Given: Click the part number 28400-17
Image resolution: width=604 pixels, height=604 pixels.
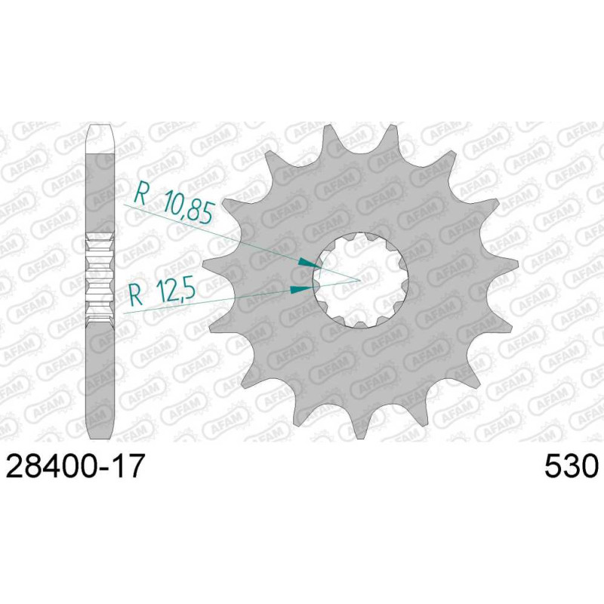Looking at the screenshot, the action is coord(75,465).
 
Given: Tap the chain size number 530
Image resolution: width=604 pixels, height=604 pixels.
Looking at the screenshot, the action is coord(572,465).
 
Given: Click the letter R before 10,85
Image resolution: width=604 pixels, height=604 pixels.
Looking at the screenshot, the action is coord(140,195).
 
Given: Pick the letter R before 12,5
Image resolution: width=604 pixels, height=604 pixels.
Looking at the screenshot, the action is coord(136,294).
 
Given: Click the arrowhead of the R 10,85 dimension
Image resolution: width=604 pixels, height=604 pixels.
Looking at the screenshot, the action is coord(310,263).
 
